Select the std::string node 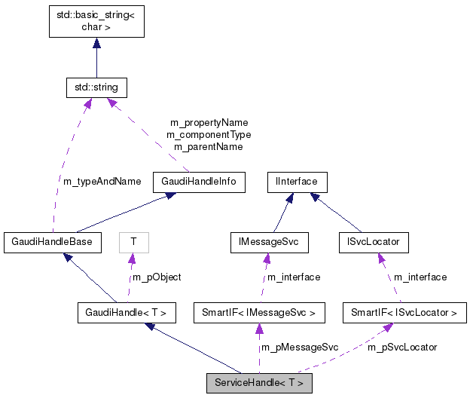(96, 87)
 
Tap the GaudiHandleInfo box (199, 181)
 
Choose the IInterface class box (298, 181)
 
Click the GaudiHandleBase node (52, 242)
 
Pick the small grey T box (133, 242)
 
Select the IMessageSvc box (260, 242)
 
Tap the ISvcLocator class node (374, 242)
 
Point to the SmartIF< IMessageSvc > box (259, 311)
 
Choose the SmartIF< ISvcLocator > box (404, 311)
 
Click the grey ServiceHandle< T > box (259, 383)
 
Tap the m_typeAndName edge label (100, 181)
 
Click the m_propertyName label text (209, 122)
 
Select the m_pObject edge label (157, 277)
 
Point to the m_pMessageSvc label (300, 347)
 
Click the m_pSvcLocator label (402, 347)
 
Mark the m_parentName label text (209, 147)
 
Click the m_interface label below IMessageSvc (294, 277)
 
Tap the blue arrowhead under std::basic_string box (96, 44)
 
